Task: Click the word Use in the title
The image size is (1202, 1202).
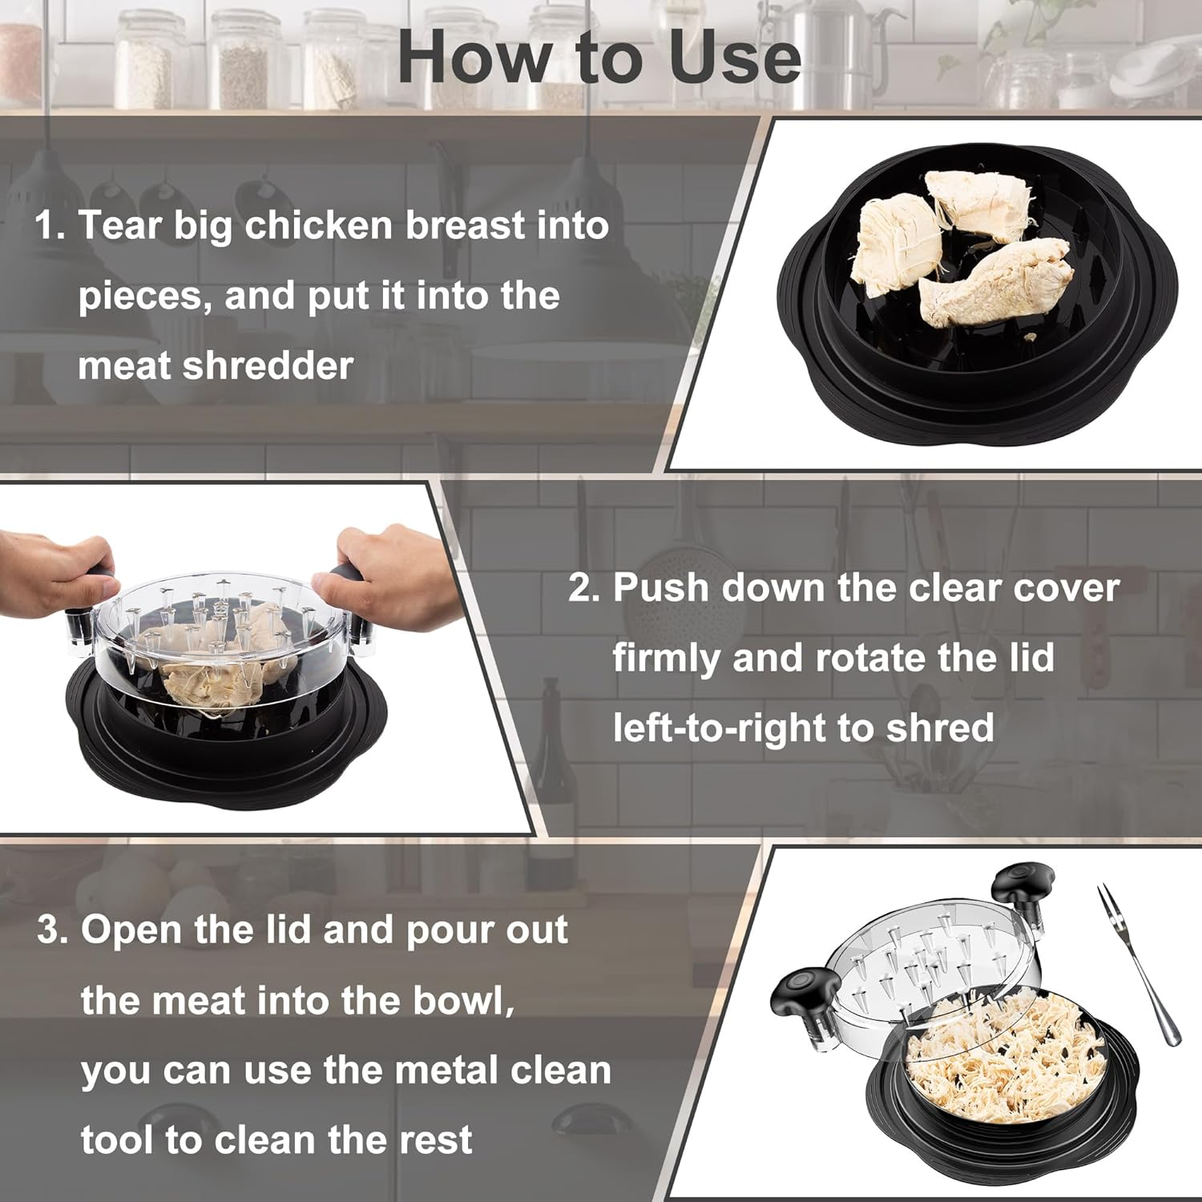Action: pos(735,58)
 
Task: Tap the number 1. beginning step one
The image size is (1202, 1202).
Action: pos(50,226)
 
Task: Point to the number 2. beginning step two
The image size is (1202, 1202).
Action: pos(583,588)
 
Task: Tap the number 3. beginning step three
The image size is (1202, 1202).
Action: pos(53,931)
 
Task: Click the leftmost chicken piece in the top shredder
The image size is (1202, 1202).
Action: pos(896,238)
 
